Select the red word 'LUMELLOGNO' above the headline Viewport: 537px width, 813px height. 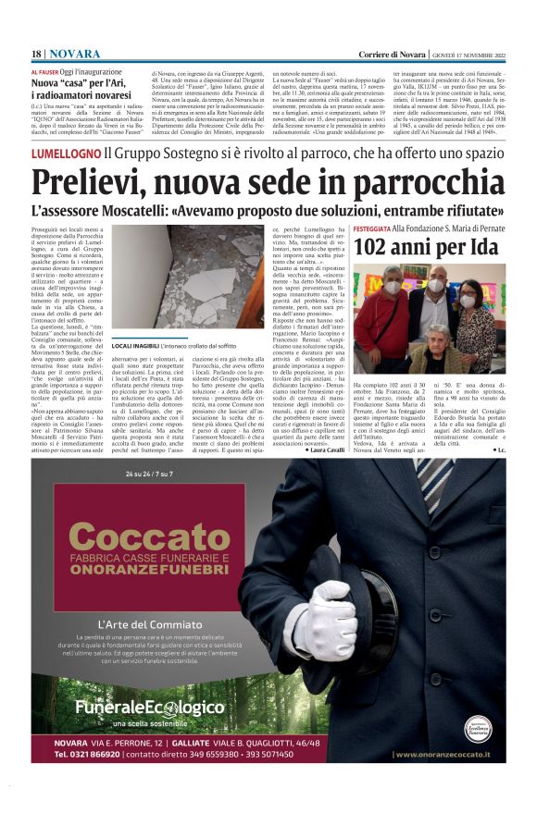click(x=65, y=153)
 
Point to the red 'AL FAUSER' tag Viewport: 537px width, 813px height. click(x=46, y=71)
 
